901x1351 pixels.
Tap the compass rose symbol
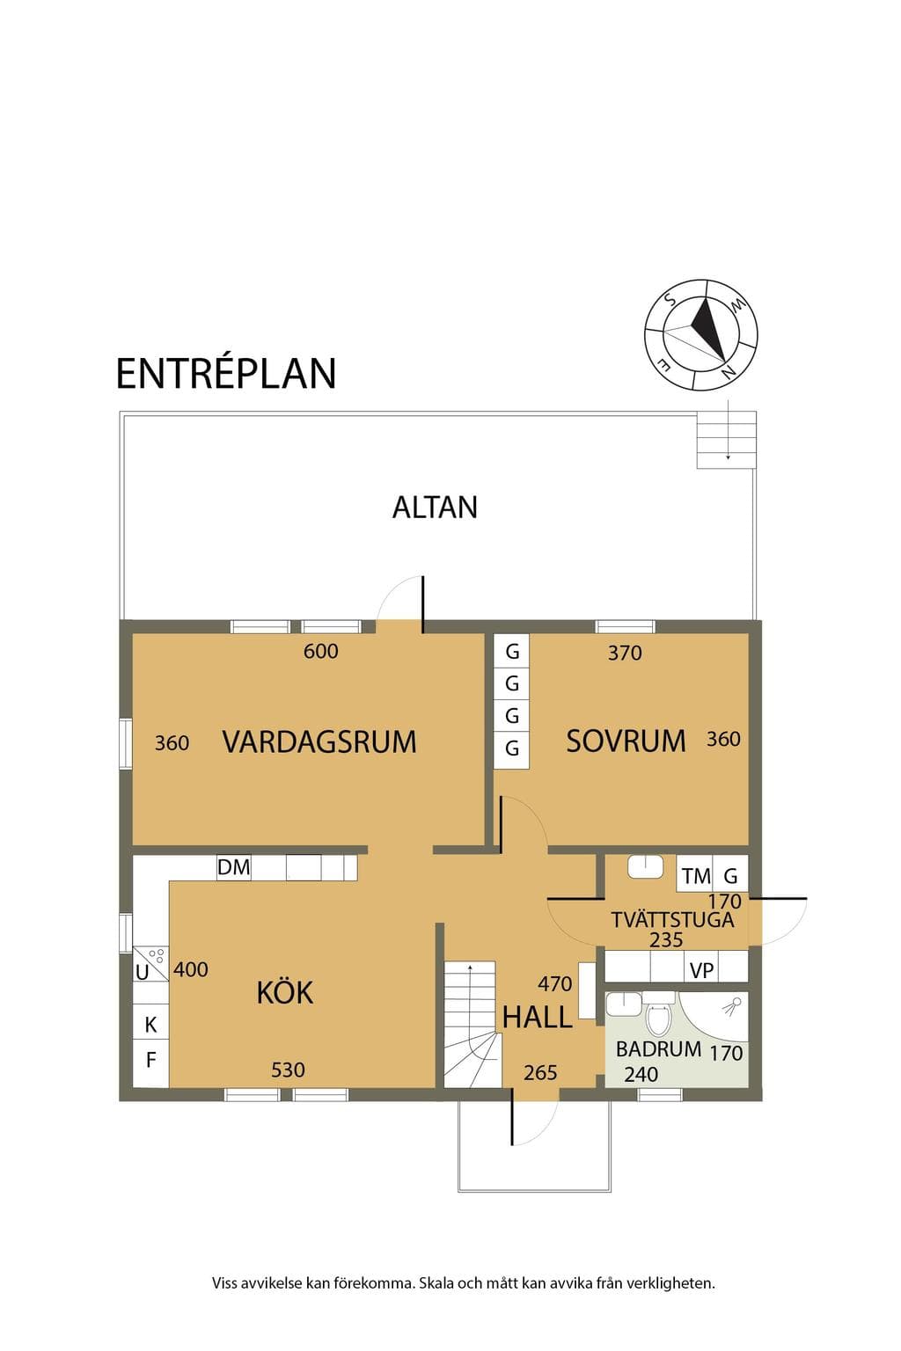tap(700, 335)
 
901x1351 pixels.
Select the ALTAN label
tap(435, 508)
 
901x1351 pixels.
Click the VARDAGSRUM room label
tap(319, 741)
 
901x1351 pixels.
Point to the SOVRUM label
tap(626, 741)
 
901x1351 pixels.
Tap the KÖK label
tap(285, 991)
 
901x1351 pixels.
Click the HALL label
tap(537, 1018)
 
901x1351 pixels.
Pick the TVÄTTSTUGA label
tap(672, 920)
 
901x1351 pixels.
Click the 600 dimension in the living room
tap(320, 652)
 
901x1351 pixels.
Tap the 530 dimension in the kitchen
tap(288, 1070)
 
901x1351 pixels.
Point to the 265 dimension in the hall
tap(540, 1072)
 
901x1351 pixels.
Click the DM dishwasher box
tap(233, 867)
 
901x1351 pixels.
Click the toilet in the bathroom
tap(658, 1012)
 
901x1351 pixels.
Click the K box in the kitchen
tap(150, 1022)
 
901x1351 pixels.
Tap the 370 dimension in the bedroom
tap(625, 654)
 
